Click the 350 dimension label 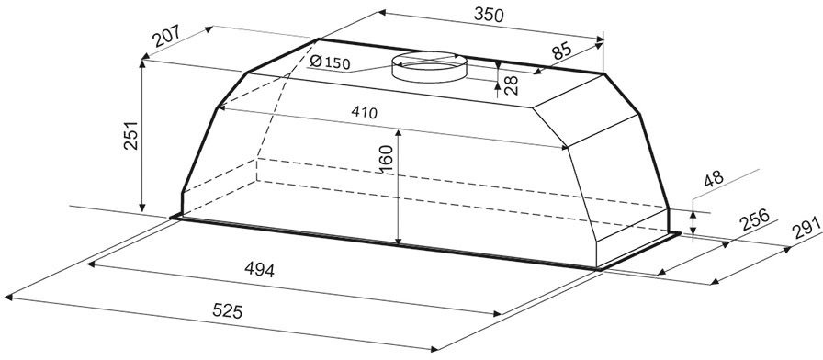[x=488, y=15]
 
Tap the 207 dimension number [x=167, y=37]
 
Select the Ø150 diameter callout [x=330, y=62]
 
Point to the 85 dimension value [x=561, y=51]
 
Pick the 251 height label [x=130, y=136]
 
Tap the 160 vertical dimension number [x=386, y=160]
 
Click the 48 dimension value [x=714, y=178]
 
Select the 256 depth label [x=755, y=219]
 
